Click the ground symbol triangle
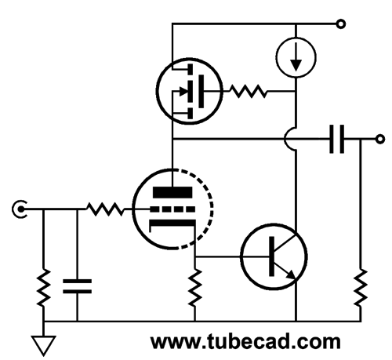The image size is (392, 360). pos(43,345)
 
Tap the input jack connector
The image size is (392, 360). pos(20,209)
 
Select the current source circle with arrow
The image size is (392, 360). pos(296,57)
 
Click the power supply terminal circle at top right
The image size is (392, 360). pos(340,24)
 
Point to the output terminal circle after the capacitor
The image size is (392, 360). pos(380,139)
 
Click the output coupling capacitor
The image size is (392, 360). pos(336,139)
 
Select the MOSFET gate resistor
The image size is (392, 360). pos(249,91)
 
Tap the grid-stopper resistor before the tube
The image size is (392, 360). pos(105,209)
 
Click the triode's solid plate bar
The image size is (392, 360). pos(172,192)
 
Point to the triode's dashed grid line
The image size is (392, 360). pos(172,209)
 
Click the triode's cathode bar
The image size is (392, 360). pos(172,223)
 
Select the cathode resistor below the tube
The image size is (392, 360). pos(195,287)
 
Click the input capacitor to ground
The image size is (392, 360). pos(78,286)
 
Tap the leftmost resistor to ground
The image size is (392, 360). pos(43,287)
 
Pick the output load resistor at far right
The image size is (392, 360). pos(361,287)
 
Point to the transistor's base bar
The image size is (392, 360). pos(272,256)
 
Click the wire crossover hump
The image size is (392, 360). pos(287,139)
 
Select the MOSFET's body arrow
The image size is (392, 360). pos(183,91)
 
